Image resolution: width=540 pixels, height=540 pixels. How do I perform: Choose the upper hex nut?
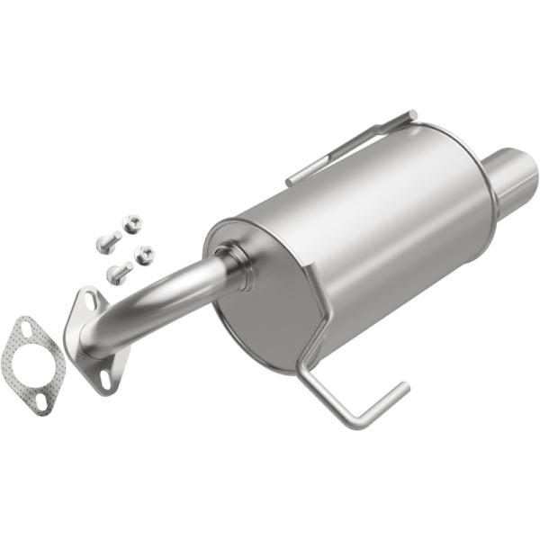point(132,222)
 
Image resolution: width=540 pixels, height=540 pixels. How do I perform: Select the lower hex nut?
point(144,254)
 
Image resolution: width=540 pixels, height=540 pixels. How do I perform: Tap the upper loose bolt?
point(107,241)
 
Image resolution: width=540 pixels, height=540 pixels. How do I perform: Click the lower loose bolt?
point(119,271)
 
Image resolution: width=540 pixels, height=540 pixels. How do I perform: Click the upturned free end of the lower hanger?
point(400,389)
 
